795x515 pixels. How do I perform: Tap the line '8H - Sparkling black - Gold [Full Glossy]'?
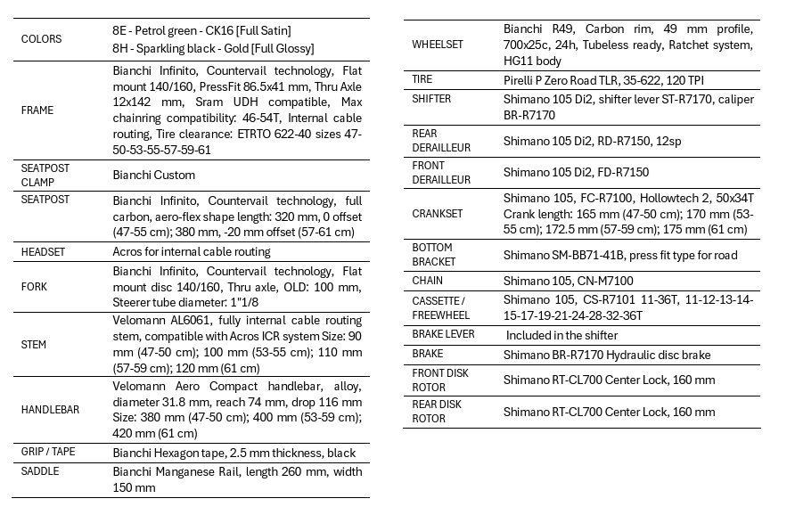click(213, 48)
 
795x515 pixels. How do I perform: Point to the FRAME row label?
click(37, 110)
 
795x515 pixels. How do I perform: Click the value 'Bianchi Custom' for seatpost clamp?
click(154, 175)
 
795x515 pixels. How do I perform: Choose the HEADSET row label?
click(44, 252)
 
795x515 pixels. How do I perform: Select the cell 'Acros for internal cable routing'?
click(192, 252)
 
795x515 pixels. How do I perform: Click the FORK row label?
click(35, 287)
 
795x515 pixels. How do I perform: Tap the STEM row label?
click(34, 344)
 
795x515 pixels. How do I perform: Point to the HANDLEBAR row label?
click(50, 409)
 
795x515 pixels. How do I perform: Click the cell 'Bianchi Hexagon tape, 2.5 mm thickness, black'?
click(234, 453)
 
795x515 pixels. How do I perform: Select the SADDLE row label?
click(39, 471)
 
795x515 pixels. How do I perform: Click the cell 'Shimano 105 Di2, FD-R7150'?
click(576, 172)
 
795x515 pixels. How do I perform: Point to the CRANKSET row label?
click(437, 214)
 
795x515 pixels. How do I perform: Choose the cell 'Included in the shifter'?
click(561, 335)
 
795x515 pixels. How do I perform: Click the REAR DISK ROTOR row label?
click(436, 412)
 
